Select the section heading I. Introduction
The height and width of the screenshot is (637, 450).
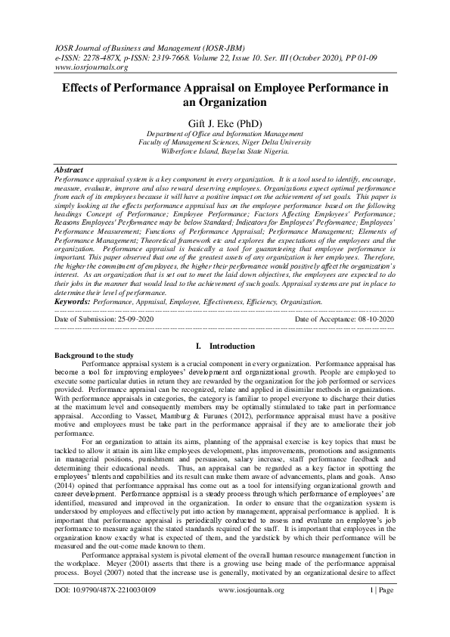pyautogui.click(x=225, y=346)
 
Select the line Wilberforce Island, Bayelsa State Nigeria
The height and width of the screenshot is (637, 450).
pyautogui.click(x=225, y=151)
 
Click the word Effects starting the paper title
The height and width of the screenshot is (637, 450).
pyautogui.click(x=82, y=88)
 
